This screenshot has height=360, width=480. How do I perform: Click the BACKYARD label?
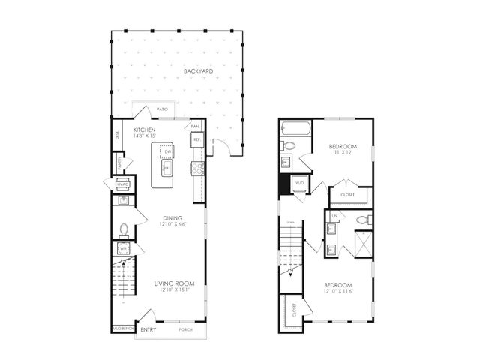click(x=198, y=72)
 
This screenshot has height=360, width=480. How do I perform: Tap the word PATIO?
click(x=161, y=110)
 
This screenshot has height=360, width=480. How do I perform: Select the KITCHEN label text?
click(x=144, y=129)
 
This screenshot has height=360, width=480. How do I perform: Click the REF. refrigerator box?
click(x=197, y=139)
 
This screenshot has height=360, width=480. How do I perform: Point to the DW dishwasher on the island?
click(x=167, y=151)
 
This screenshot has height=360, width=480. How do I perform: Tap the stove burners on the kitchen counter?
click(x=198, y=169)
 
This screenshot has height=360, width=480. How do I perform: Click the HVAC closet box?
click(x=122, y=183)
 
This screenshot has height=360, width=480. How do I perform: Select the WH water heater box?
click(x=122, y=248)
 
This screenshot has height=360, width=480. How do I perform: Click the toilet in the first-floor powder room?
click(x=124, y=229)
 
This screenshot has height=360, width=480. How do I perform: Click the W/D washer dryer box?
click(x=299, y=182)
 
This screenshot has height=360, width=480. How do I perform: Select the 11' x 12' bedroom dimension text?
click(x=343, y=153)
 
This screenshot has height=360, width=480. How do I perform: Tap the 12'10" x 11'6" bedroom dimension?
click(x=339, y=292)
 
